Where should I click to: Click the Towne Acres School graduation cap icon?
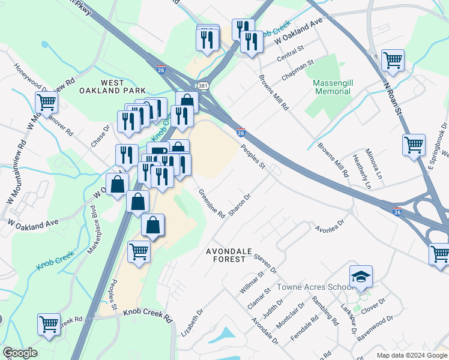pyautogui.click(x=361, y=277)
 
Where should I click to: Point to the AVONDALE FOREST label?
pyautogui.click(x=226, y=254)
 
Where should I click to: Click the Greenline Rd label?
pyautogui.click(x=212, y=203)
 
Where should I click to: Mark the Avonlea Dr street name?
pyautogui.click(x=330, y=226)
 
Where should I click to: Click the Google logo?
pyautogui.click(x=20, y=353)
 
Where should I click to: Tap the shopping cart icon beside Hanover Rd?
pyautogui.click(x=46, y=103)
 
